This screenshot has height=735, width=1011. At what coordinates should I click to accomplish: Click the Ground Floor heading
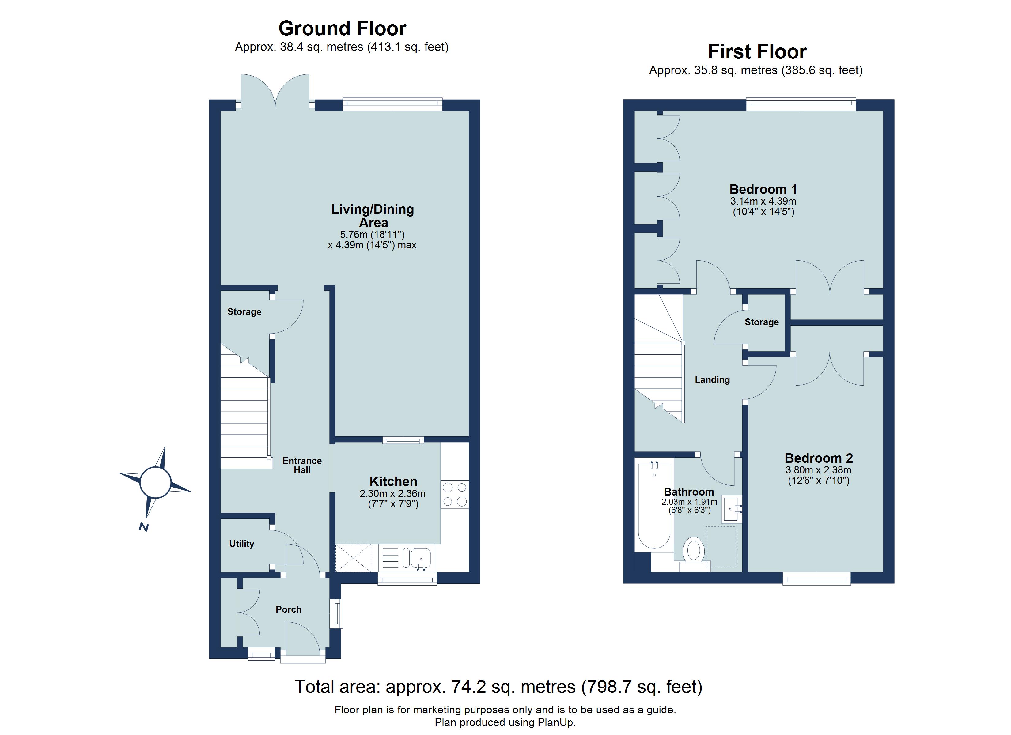pyautogui.click(x=342, y=28)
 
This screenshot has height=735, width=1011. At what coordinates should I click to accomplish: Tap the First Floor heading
pyautogui.click(x=757, y=52)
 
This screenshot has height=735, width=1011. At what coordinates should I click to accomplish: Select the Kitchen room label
pyautogui.click(x=393, y=481)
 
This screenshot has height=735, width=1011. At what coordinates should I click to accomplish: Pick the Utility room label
pyautogui.click(x=242, y=544)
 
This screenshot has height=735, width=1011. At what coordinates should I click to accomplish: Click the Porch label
pyautogui.click(x=288, y=609)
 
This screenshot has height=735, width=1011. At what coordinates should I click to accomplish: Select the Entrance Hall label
pyautogui.click(x=302, y=465)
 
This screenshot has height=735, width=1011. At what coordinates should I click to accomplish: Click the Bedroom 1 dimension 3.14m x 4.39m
pyautogui.click(x=763, y=201)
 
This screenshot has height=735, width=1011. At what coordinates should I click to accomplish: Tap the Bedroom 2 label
pyautogui.click(x=818, y=458)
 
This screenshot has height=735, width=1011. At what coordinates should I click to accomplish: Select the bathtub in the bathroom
pyautogui.click(x=654, y=506)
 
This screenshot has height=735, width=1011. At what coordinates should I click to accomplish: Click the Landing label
pyautogui.click(x=712, y=380)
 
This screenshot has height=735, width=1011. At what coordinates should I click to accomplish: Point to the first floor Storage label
pyautogui.click(x=761, y=322)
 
